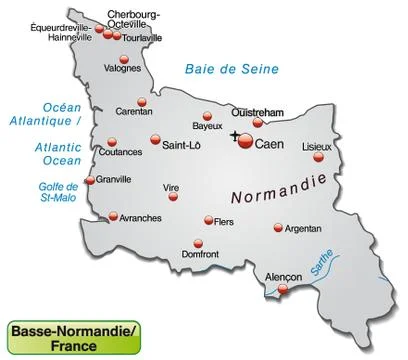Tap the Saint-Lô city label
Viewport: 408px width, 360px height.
coord(181,145)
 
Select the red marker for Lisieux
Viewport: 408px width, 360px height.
coord(319,157)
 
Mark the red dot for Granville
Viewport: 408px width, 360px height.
coord(90,181)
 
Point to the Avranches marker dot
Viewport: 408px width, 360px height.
coord(113,215)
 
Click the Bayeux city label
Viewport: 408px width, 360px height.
coord(207,127)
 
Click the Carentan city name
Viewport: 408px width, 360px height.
coord(134,113)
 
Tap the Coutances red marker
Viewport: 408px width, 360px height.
coord(98,141)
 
